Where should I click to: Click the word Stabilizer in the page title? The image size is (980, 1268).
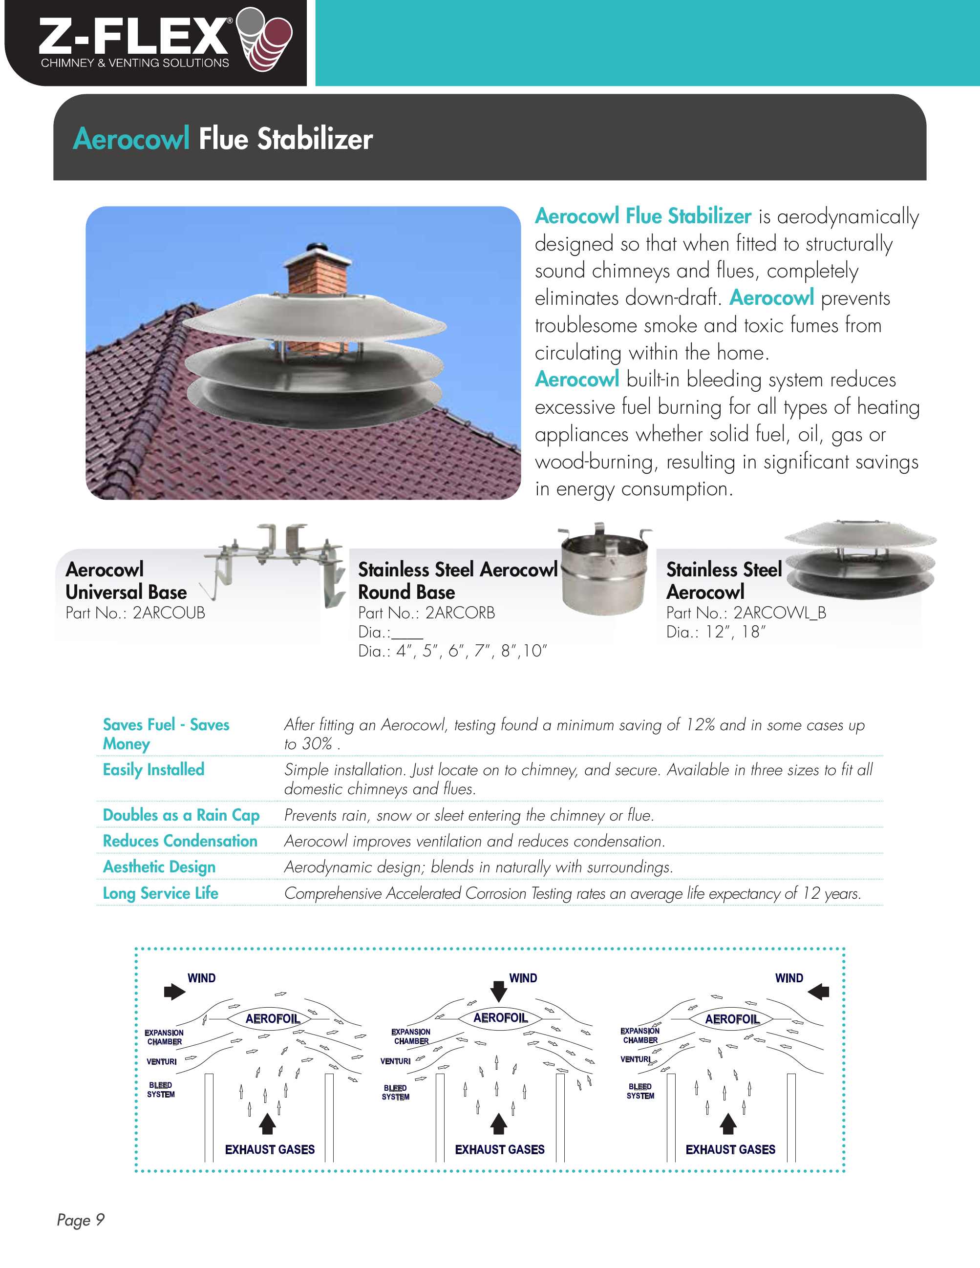point(315,139)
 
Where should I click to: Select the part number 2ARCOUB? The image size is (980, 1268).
point(169,613)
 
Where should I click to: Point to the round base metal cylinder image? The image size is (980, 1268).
point(605,572)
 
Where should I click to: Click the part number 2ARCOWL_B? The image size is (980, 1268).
point(779,613)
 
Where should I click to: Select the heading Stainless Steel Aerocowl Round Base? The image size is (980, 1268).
point(457,581)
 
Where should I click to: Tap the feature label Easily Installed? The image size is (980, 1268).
point(153,770)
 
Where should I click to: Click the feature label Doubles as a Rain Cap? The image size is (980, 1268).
point(181,815)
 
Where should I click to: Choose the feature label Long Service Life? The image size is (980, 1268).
point(160,893)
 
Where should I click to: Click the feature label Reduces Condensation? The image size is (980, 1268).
point(180,841)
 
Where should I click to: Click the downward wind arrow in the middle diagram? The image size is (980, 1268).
point(499,991)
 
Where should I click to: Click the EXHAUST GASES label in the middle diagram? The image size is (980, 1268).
point(499,1150)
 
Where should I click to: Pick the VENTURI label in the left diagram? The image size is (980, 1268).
point(161,1061)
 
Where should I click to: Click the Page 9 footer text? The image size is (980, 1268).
point(81,1220)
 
